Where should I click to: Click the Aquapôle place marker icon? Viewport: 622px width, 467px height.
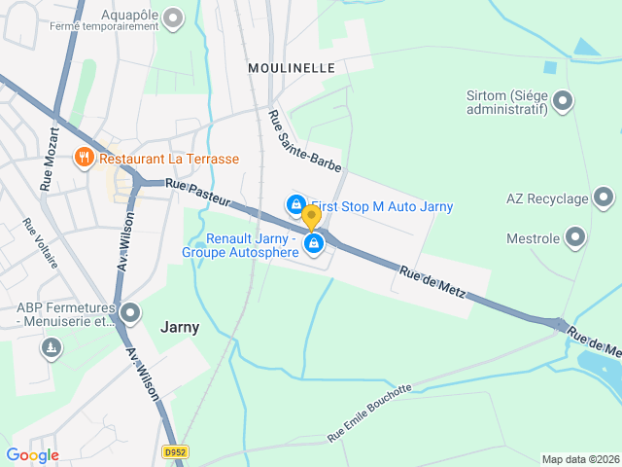click(x=174, y=18)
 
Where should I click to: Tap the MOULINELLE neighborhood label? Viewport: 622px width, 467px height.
click(x=292, y=68)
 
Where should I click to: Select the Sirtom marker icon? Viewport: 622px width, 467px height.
click(x=563, y=100)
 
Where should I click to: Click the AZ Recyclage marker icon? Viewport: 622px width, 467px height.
click(x=604, y=198)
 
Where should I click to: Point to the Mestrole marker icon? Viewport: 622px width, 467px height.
click(x=575, y=237)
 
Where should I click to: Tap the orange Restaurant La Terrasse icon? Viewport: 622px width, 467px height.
click(x=85, y=158)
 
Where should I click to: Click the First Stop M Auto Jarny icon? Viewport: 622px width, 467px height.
click(x=294, y=204)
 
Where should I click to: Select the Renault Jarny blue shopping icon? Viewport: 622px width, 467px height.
click(x=313, y=244)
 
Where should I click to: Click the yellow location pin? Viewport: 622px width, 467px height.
click(x=311, y=218)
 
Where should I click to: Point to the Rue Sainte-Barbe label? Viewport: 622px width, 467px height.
click(x=304, y=142)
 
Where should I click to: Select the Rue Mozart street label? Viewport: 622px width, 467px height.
click(x=50, y=158)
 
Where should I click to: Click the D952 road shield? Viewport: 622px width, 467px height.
click(x=175, y=452)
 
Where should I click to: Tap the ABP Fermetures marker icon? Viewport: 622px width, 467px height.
click(x=131, y=313)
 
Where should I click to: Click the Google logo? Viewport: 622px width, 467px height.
click(x=32, y=454)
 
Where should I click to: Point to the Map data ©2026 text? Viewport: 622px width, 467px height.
click(x=579, y=459)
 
